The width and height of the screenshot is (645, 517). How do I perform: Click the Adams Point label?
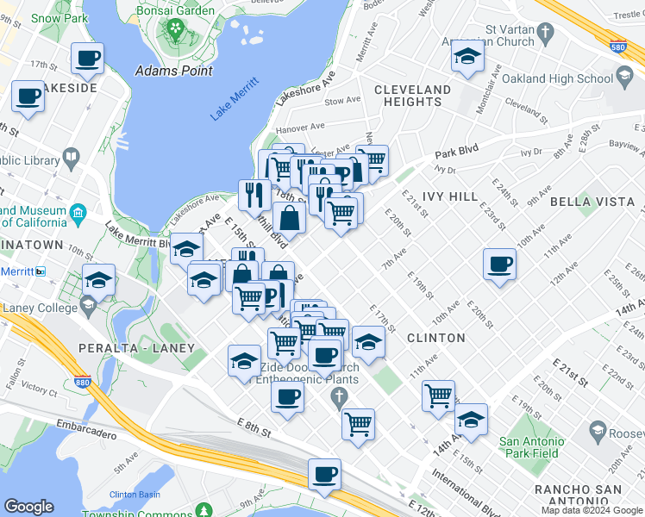tap(174, 71)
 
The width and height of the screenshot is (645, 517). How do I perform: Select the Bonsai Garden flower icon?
tap(176, 28)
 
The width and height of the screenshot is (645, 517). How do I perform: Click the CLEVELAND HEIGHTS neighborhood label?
tap(412, 96)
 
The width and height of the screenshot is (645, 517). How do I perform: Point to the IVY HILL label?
tap(451, 196)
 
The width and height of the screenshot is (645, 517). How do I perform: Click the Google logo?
tap(28, 507)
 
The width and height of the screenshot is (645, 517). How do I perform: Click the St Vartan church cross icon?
tap(544, 34)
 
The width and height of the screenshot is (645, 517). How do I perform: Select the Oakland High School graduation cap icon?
tap(623, 79)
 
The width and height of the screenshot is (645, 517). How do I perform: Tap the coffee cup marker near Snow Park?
tap(86, 59)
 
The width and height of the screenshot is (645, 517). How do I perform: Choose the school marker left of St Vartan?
tap(467, 57)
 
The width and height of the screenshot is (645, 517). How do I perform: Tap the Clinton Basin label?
tap(135, 495)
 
